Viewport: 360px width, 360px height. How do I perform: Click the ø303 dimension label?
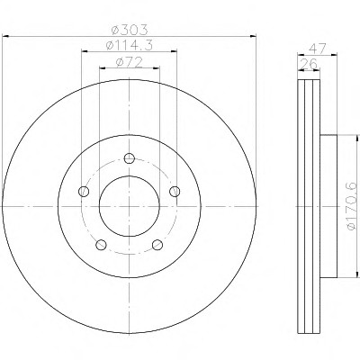click(130, 30)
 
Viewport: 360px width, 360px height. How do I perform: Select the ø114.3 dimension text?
click(130, 45)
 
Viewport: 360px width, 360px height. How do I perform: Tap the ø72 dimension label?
click(130, 62)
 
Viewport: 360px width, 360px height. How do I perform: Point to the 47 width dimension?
click(317, 49)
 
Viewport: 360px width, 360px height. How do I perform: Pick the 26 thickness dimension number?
click(309, 64)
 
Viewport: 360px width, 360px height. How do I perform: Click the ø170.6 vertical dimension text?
click(352, 206)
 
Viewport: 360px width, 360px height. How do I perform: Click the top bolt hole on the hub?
click(130, 157)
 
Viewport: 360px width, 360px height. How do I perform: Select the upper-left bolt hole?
click(84, 191)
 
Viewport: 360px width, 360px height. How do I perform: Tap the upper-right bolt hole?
click(175, 191)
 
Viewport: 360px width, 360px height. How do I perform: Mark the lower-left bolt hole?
click(101, 245)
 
